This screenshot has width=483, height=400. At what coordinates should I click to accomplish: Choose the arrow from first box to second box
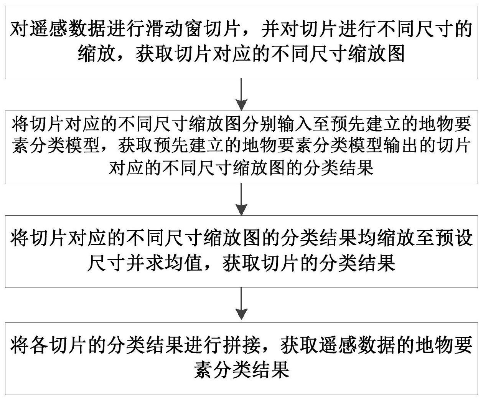click(241, 95)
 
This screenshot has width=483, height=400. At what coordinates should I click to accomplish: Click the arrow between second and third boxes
click(241, 200)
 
